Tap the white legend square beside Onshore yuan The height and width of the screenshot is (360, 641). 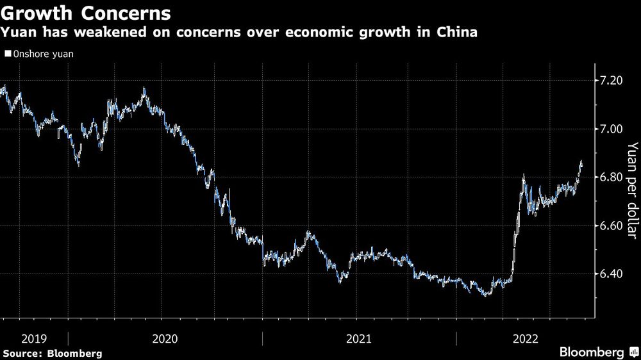coord(7,54)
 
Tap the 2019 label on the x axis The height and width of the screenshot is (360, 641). coord(34,338)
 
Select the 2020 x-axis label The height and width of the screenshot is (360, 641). coord(165,338)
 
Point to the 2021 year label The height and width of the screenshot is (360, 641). coord(359,338)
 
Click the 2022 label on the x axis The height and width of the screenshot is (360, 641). coord(526,338)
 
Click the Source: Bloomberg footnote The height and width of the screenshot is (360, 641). coord(52,353)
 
